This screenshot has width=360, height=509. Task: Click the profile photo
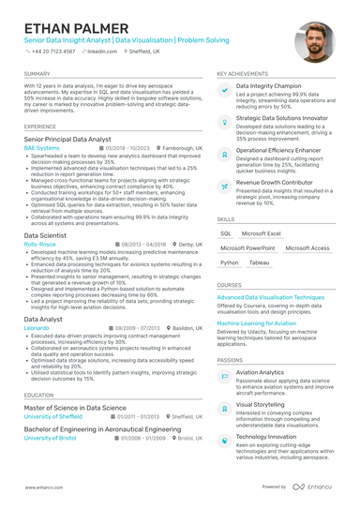pos(313,42)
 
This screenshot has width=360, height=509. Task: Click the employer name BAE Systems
pos(41,148)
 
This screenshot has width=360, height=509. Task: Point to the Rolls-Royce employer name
pos(40,244)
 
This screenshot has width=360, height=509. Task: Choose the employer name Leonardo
pos(37,328)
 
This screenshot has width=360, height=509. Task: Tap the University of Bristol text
pos(51,438)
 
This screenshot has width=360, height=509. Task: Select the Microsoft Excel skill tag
pos(261,233)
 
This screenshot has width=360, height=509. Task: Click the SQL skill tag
pos(226,233)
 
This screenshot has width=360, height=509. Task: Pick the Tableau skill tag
pos(259,263)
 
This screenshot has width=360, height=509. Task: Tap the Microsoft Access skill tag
pos(307,248)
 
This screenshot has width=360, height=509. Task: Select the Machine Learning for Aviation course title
pos(269,322)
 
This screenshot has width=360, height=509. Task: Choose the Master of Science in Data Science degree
pos(74,408)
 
